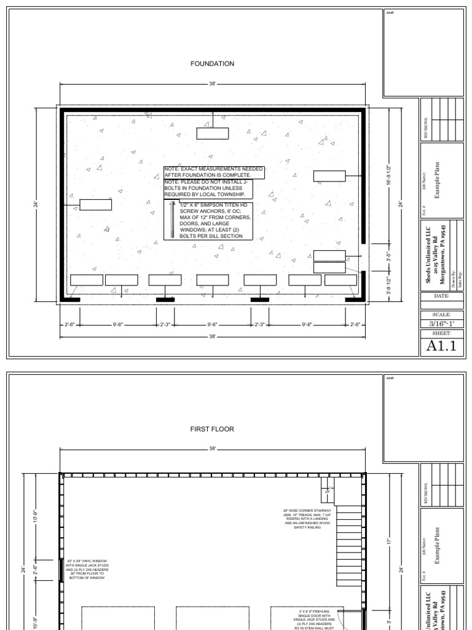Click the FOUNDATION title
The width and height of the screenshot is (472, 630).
(212, 63)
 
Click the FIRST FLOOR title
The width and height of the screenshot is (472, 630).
(213, 429)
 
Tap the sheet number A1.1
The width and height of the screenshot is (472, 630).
(442, 346)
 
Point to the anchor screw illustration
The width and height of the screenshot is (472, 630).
(173, 220)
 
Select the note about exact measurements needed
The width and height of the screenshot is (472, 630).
(214, 172)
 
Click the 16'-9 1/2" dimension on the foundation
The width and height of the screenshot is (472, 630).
(388, 177)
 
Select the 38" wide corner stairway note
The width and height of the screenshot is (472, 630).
(307, 519)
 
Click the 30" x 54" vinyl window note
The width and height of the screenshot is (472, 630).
(88, 570)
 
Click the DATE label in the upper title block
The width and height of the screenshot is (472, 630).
(442, 296)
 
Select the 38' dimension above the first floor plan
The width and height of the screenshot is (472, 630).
(213, 449)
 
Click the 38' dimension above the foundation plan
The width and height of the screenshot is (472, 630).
(213, 83)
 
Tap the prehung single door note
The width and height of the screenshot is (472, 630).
(316, 619)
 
